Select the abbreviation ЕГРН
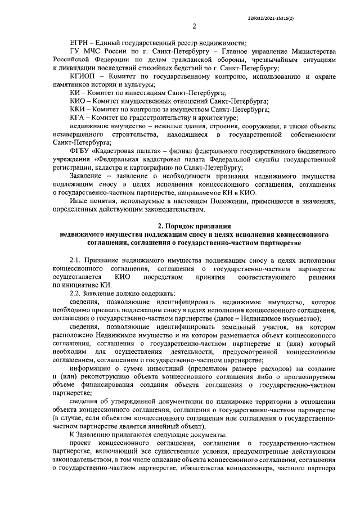click(78, 43)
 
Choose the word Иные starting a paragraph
click(77, 201)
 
